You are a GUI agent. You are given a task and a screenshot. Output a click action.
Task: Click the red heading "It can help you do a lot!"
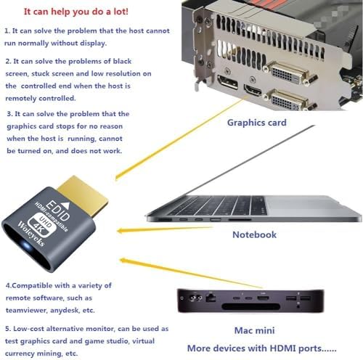click(76, 12)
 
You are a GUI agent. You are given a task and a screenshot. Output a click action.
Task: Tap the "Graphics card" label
click(257, 123)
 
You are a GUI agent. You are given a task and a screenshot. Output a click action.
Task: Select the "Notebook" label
click(254, 234)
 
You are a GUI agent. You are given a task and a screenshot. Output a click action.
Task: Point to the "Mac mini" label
click(254, 330)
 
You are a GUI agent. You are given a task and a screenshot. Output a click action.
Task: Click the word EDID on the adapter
click(57, 210)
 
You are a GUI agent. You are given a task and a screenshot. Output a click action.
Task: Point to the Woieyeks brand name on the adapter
click(31, 234)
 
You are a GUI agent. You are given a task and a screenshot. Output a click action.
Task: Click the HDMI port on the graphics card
click(253, 90)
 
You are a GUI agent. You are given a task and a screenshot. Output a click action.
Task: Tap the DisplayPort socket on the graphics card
click(227, 82)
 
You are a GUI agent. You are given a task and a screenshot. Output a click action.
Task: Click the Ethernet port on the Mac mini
click(211, 297)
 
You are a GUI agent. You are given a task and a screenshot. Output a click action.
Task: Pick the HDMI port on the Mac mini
click(263, 298)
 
